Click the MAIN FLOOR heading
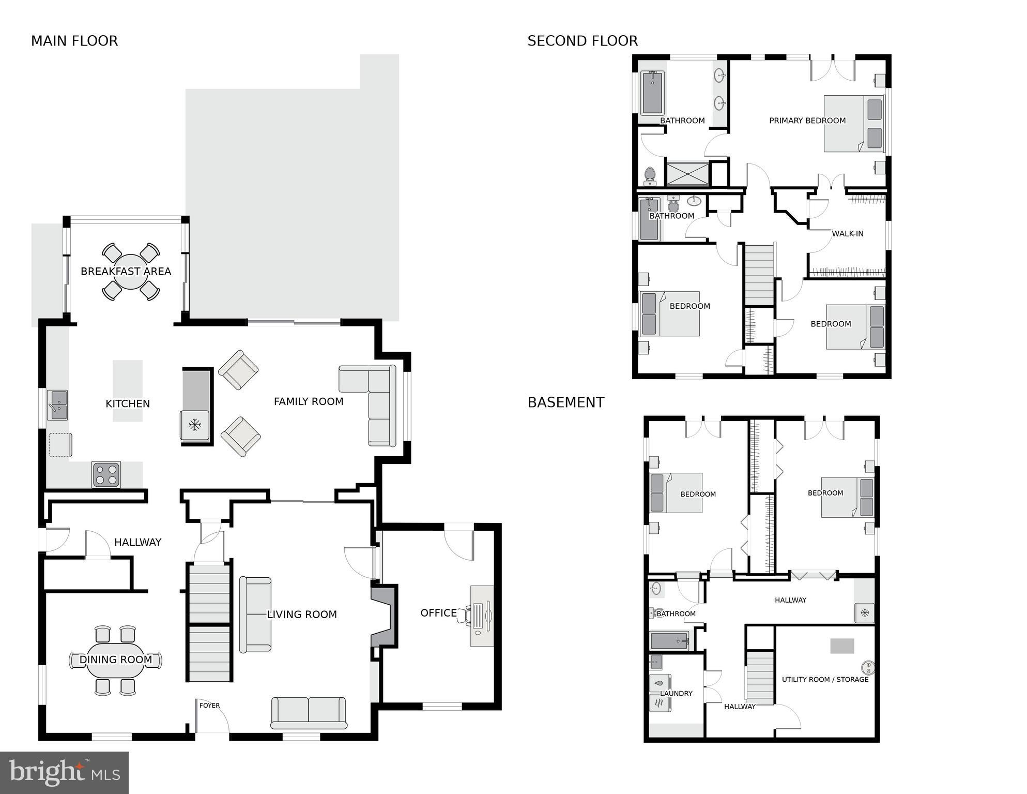click(74, 41)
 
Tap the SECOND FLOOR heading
click(583, 41)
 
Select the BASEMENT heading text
click(565, 402)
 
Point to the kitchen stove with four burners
click(106, 474)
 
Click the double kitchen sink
click(57, 405)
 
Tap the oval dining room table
click(116, 660)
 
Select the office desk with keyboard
click(482, 616)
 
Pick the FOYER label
click(209, 706)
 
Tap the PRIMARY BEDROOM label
click(807, 121)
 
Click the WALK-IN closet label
click(847, 234)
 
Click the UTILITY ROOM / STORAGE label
click(825, 679)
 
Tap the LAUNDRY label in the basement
click(676, 693)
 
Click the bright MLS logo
click(64, 773)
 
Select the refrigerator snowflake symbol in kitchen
click(194, 425)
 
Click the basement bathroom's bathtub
click(669, 641)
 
